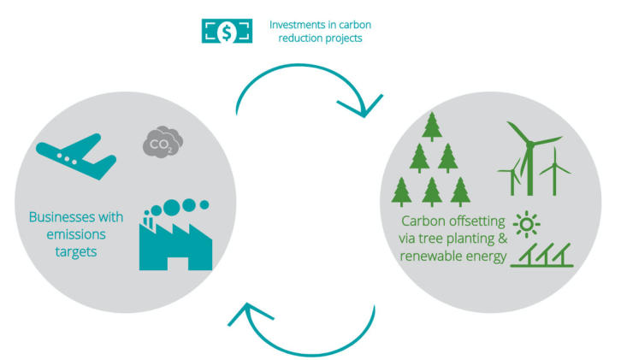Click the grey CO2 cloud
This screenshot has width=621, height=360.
point(160,143)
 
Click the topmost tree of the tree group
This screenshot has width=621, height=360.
point(432,127)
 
